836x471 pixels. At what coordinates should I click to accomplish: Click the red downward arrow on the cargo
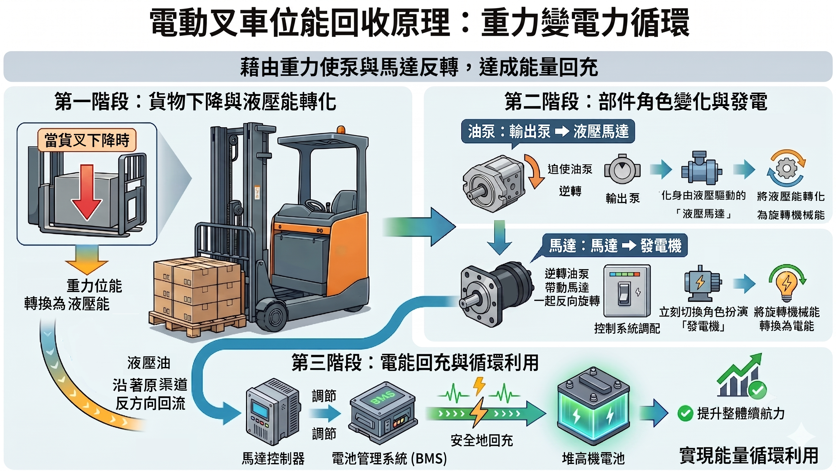(x=87, y=192)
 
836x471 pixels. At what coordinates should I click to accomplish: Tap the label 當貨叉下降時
(x=87, y=140)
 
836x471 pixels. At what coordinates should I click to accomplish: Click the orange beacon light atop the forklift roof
(x=341, y=130)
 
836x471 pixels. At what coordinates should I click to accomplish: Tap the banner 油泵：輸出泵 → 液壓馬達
(x=548, y=132)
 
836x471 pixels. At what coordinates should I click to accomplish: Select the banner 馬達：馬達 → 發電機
(x=615, y=245)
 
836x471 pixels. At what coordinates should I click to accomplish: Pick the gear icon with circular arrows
(x=786, y=168)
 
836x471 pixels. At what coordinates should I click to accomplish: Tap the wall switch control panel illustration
(x=627, y=290)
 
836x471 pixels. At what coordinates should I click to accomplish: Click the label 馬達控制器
(x=273, y=458)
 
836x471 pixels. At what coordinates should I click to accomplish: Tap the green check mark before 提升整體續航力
(x=685, y=413)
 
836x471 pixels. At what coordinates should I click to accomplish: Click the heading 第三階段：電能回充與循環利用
(x=415, y=362)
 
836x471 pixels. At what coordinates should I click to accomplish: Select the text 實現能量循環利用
(x=749, y=455)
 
